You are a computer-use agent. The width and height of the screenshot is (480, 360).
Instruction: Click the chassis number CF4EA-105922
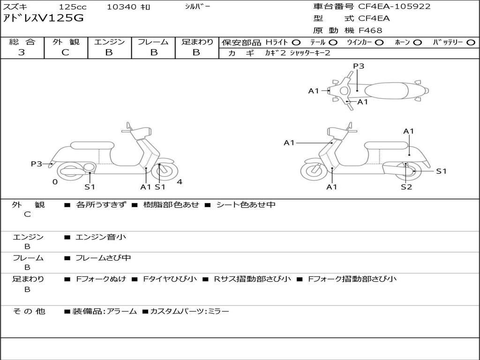click(x=394, y=7)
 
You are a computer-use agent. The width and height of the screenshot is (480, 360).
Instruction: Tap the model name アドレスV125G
click(x=43, y=18)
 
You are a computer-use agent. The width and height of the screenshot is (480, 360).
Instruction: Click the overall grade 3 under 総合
click(x=22, y=52)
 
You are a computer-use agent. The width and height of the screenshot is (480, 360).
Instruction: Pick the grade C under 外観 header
click(x=65, y=52)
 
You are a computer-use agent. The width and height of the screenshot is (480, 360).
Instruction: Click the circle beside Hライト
click(x=296, y=43)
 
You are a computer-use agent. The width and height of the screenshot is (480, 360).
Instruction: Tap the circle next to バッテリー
click(x=471, y=43)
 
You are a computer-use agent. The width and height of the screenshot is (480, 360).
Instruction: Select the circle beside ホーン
click(x=417, y=43)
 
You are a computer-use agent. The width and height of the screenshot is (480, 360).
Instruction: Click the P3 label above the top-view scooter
click(x=359, y=66)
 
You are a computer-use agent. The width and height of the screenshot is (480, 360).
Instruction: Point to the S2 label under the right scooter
click(x=406, y=187)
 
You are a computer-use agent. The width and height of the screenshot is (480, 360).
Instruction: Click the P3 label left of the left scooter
click(x=36, y=164)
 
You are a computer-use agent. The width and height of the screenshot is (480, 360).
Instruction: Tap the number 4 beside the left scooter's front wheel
click(x=180, y=182)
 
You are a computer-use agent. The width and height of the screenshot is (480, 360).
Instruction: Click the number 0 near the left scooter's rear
click(x=55, y=182)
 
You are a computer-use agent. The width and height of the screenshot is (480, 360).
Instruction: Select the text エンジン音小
click(x=101, y=237)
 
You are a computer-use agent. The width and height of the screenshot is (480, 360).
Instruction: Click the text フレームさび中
click(x=103, y=258)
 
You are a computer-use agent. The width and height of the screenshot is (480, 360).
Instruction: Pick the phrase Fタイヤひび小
click(x=170, y=279)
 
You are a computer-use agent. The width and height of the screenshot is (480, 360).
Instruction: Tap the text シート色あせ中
click(x=246, y=204)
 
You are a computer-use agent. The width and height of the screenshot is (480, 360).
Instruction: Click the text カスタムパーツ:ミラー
click(x=189, y=311)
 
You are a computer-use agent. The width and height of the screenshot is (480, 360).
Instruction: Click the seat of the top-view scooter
click(x=386, y=91)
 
